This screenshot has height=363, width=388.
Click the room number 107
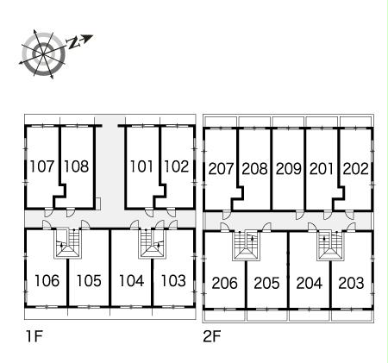pyautogui.click(x=42, y=166)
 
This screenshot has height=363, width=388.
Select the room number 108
pyautogui.click(x=77, y=166)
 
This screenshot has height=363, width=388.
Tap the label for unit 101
pyautogui.click(x=141, y=166)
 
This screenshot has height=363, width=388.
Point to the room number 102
pyautogui.click(x=176, y=166)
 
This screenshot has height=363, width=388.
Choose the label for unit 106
pyautogui.click(x=47, y=280)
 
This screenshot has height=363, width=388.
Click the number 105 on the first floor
pyautogui.click(x=89, y=280)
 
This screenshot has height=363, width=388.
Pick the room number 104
pyautogui.click(x=131, y=280)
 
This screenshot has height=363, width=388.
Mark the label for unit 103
pyautogui.click(x=173, y=280)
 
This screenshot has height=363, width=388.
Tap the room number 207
pyautogui.click(x=221, y=169)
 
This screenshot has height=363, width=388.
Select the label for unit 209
pyautogui.click(x=288, y=169)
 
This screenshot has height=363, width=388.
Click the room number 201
pyautogui.click(x=322, y=169)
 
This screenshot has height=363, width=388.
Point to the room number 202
pyautogui.click(x=355, y=169)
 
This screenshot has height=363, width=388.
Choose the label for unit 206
pyautogui.click(x=225, y=283)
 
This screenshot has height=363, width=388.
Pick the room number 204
pyautogui.click(x=310, y=283)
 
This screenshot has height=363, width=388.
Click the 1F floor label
pyautogui.click(x=34, y=336)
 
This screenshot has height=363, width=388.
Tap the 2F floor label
pyautogui.click(x=212, y=336)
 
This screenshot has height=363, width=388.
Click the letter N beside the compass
pyautogui.click(x=72, y=43)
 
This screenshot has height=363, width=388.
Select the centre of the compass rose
pyautogui.click(x=43, y=53)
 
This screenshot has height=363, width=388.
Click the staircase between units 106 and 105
pyautogui.click(x=68, y=244)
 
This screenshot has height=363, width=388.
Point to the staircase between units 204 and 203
pyautogui.click(x=330, y=246)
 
